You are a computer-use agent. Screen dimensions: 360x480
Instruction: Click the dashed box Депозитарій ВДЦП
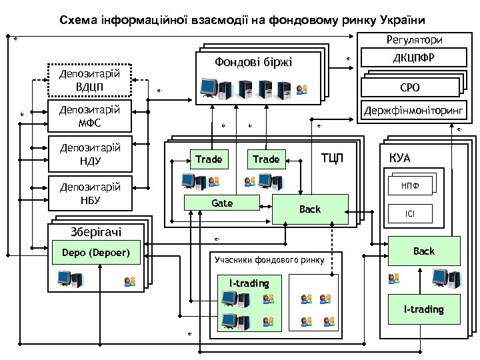point(90,79)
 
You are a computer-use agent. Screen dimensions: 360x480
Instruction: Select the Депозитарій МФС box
point(90,116)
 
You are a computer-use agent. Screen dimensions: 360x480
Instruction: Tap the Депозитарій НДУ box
point(90,154)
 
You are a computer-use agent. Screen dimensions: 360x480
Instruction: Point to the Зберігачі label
point(96,231)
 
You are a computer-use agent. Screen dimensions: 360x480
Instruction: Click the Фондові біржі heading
point(253,63)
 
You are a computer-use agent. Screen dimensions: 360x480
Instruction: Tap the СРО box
point(409,87)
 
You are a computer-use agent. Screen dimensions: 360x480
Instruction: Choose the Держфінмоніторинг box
point(413,109)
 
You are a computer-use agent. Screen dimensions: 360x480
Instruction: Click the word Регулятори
point(413,41)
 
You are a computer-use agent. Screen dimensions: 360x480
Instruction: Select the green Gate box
point(222,203)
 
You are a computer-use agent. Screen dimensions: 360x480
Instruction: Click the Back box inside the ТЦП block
point(310,209)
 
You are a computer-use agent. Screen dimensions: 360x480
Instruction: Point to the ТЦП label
point(333,158)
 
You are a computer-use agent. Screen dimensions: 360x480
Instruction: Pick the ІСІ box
point(410,214)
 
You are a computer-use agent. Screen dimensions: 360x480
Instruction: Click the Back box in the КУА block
point(423,251)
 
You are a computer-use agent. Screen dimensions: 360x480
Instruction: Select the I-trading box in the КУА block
point(423,309)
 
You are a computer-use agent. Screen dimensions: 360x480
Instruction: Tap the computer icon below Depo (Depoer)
point(69,279)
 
